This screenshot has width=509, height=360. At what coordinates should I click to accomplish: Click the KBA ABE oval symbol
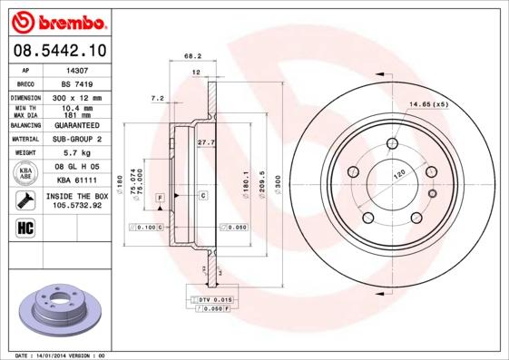26,172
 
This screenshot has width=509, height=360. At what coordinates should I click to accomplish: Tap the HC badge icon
26,227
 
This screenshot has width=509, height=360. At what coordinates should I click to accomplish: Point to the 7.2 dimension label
157,97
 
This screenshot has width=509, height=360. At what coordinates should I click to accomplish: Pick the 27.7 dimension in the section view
205,141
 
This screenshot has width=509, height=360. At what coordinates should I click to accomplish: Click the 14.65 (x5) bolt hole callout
429,105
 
